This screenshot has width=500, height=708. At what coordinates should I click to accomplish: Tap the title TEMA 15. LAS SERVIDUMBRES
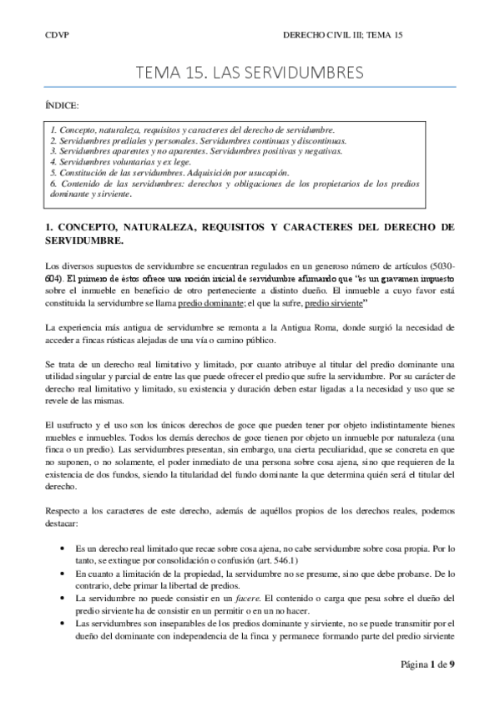click(x=250, y=73)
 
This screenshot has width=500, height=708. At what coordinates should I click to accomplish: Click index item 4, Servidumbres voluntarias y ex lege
click(x=120, y=162)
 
